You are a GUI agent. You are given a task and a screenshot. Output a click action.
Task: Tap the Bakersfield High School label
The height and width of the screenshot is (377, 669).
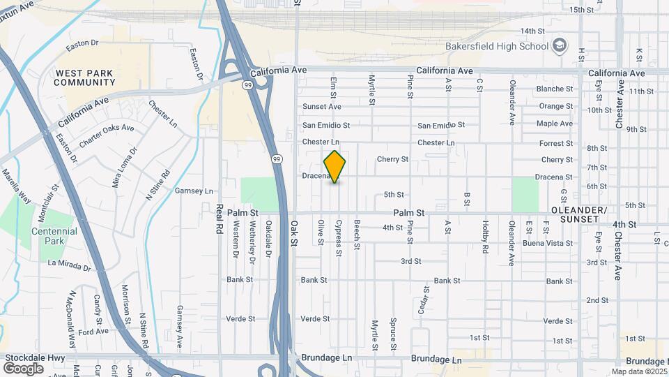496,47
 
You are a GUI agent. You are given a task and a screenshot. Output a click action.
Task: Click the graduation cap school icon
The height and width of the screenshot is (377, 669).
558,46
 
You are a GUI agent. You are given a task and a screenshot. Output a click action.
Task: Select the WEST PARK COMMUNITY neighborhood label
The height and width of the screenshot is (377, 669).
85,77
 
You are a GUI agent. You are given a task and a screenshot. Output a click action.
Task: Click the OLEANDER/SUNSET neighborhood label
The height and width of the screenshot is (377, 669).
579,214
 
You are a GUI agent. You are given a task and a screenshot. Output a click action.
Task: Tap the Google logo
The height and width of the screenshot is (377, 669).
23,368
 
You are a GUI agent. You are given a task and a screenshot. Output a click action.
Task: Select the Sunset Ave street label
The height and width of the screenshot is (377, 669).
322,107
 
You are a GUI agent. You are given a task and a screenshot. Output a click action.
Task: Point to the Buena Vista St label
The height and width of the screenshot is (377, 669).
548,244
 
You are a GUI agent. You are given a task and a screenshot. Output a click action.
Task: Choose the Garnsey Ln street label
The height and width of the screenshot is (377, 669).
194,191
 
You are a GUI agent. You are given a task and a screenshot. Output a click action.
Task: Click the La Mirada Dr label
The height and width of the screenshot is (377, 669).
70,265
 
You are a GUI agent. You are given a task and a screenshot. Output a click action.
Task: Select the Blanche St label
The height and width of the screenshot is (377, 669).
555,89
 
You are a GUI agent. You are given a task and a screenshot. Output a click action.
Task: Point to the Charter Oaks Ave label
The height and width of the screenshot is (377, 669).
106,132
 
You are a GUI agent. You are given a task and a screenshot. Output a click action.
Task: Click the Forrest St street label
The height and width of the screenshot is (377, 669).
556,144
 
